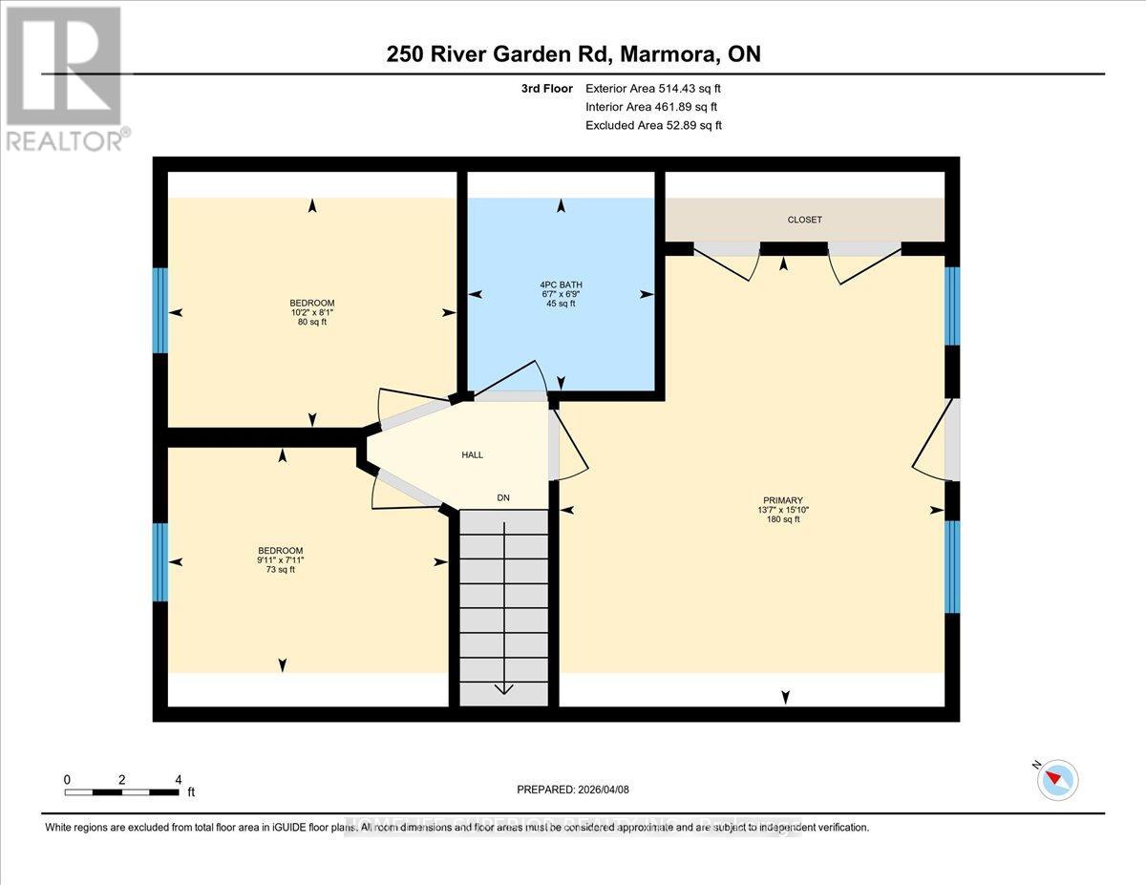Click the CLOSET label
tap(804, 220)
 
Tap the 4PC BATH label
tap(562, 284)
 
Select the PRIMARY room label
tap(782, 500)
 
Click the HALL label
tap(472, 455)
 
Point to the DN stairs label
tap(502, 497)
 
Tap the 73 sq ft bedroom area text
tap(281, 570)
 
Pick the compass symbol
tap(1057, 779)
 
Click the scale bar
tap(121, 791)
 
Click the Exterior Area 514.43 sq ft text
tap(653, 89)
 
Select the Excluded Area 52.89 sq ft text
tap(653, 125)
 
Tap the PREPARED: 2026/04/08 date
tap(572, 790)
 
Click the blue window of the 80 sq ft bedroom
tap(160, 310)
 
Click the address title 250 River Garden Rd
tap(573, 53)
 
